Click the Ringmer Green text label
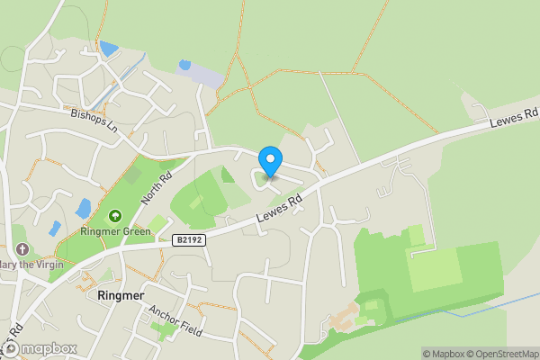click(x=115, y=230)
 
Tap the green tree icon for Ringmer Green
click(x=115, y=215)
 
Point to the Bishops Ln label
click(x=94, y=119)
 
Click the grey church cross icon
click(x=22, y=248)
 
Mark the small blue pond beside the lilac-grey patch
click(x=185, y=65)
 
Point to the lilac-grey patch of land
click(x=207, y=76)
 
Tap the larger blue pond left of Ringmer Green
click(x=84, y=209)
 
